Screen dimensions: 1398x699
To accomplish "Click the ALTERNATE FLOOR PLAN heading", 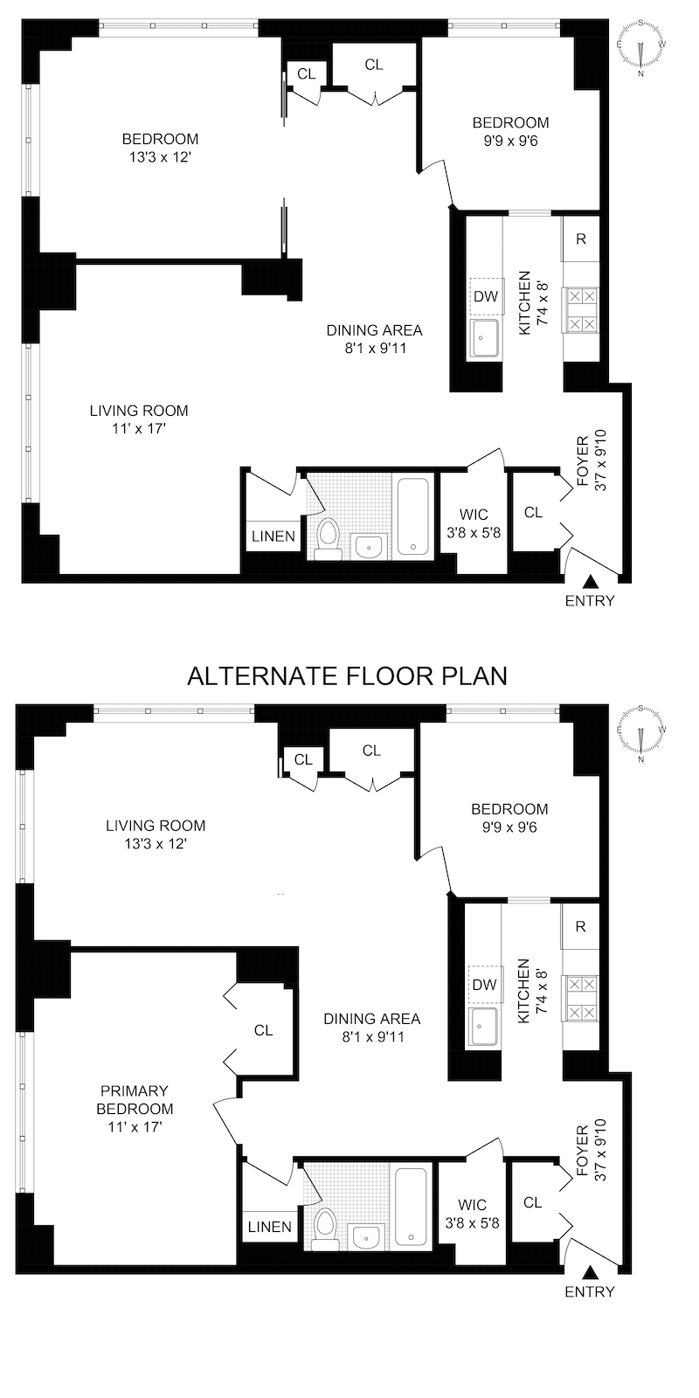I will pyautogui.click(x=348, y=675).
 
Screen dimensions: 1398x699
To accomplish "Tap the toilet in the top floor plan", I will pyautogui.click(x=329, y=539).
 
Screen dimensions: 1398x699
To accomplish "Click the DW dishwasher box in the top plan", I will pyautogui.click(x=485, y=296).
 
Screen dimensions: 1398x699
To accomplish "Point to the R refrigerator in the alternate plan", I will pyautogui.click(x=580, y=927).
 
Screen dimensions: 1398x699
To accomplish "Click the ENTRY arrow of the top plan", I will pyautogui.click(x=591, y=582).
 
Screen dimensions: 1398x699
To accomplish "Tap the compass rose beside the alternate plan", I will pyautogui.click(x=641, y=734).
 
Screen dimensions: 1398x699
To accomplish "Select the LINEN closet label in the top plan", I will pyautogui.click(x=273, y=536).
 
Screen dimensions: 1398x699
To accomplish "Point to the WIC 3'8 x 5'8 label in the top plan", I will pyautogui.click(x=473, y=523).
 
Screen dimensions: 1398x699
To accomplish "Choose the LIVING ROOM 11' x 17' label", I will pyautogui.click(x=140, y=419).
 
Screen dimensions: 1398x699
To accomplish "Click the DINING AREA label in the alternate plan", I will pyautogui.click(x=371, y=1028).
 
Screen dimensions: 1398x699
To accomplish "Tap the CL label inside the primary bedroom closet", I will pyautogui.click(x=264, y=1030).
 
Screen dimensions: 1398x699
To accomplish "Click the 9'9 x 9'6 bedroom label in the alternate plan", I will pyautogui.click(x=509, y=818).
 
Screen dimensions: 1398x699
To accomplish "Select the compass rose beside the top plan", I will pyautogui.click(x=641, y=45).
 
